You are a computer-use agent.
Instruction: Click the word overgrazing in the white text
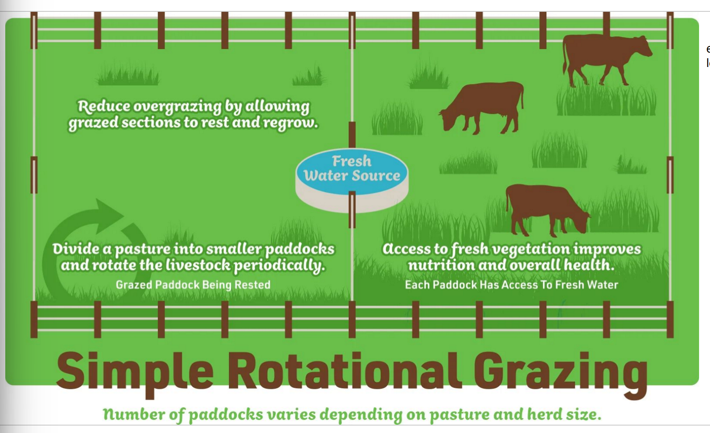177,106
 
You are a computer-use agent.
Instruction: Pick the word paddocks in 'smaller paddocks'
300,249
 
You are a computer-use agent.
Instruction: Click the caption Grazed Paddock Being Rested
193,285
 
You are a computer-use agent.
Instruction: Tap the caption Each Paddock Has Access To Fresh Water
511,285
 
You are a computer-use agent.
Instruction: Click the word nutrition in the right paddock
441,265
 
